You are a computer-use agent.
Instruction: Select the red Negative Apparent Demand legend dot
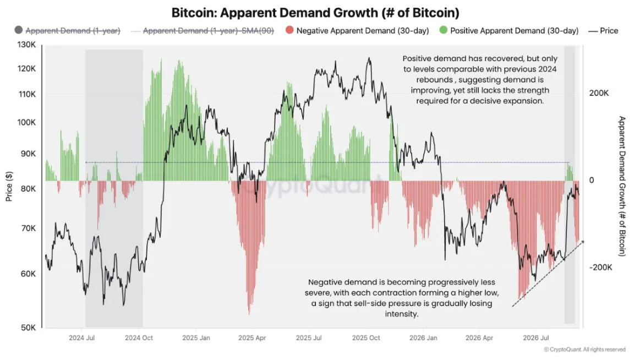(289, 30)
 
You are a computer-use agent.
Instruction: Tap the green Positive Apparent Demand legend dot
(444, 30)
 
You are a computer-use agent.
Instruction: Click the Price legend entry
(603, 31)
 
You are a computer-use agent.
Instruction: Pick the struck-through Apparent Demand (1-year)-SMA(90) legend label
(208, 31)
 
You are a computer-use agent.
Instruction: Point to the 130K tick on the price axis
(26, 45)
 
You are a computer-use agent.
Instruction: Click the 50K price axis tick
(28, 328)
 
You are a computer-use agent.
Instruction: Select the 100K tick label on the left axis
(26, 122)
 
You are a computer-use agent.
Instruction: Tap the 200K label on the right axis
(599, 93)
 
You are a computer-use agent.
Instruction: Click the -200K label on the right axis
(601, 268)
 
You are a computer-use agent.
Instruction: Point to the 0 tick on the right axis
(592, 181)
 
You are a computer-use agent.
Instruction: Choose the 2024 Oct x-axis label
(139, 338)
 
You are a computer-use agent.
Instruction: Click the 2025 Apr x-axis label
(252, 338)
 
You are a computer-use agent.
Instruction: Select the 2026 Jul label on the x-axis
(535, 338)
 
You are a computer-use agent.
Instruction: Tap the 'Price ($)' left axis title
(9, 186)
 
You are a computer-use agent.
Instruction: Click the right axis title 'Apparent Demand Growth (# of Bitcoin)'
(622, 186)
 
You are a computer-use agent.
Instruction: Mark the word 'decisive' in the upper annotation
(485, 101)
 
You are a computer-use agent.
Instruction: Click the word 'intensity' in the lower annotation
(402, 314)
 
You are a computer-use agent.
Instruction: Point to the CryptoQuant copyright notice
(584, 350)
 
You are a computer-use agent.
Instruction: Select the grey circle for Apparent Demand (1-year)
(18, 30)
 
